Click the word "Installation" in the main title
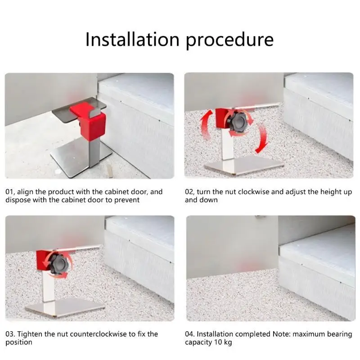[x=132, y=40]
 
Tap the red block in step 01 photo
[x=90, y=121]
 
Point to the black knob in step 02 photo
[x=238, y=123]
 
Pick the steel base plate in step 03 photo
[x=65, y=307]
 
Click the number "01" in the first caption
[x=9, y=192]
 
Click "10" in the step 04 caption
[x=218, y=342]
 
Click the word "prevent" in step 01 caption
[x=127, y=200]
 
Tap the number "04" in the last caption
[x=189, y=334]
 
